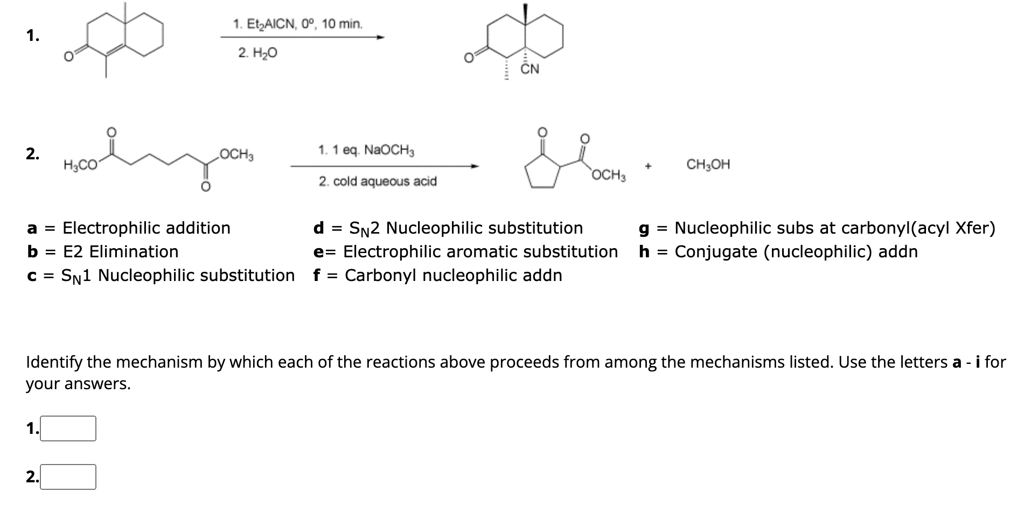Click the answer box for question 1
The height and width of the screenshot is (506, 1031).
point(68,428)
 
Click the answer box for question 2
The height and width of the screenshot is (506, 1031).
point(68,477)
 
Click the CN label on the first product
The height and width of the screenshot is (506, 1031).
point(530,69)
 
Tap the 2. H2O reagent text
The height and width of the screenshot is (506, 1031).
point(257,53)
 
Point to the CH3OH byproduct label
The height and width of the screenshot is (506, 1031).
point(708,165)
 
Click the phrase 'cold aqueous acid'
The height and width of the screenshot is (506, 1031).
point(385,181)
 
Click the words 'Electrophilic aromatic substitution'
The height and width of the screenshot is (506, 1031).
point(480,251)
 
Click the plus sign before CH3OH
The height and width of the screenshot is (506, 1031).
point(649,166)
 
